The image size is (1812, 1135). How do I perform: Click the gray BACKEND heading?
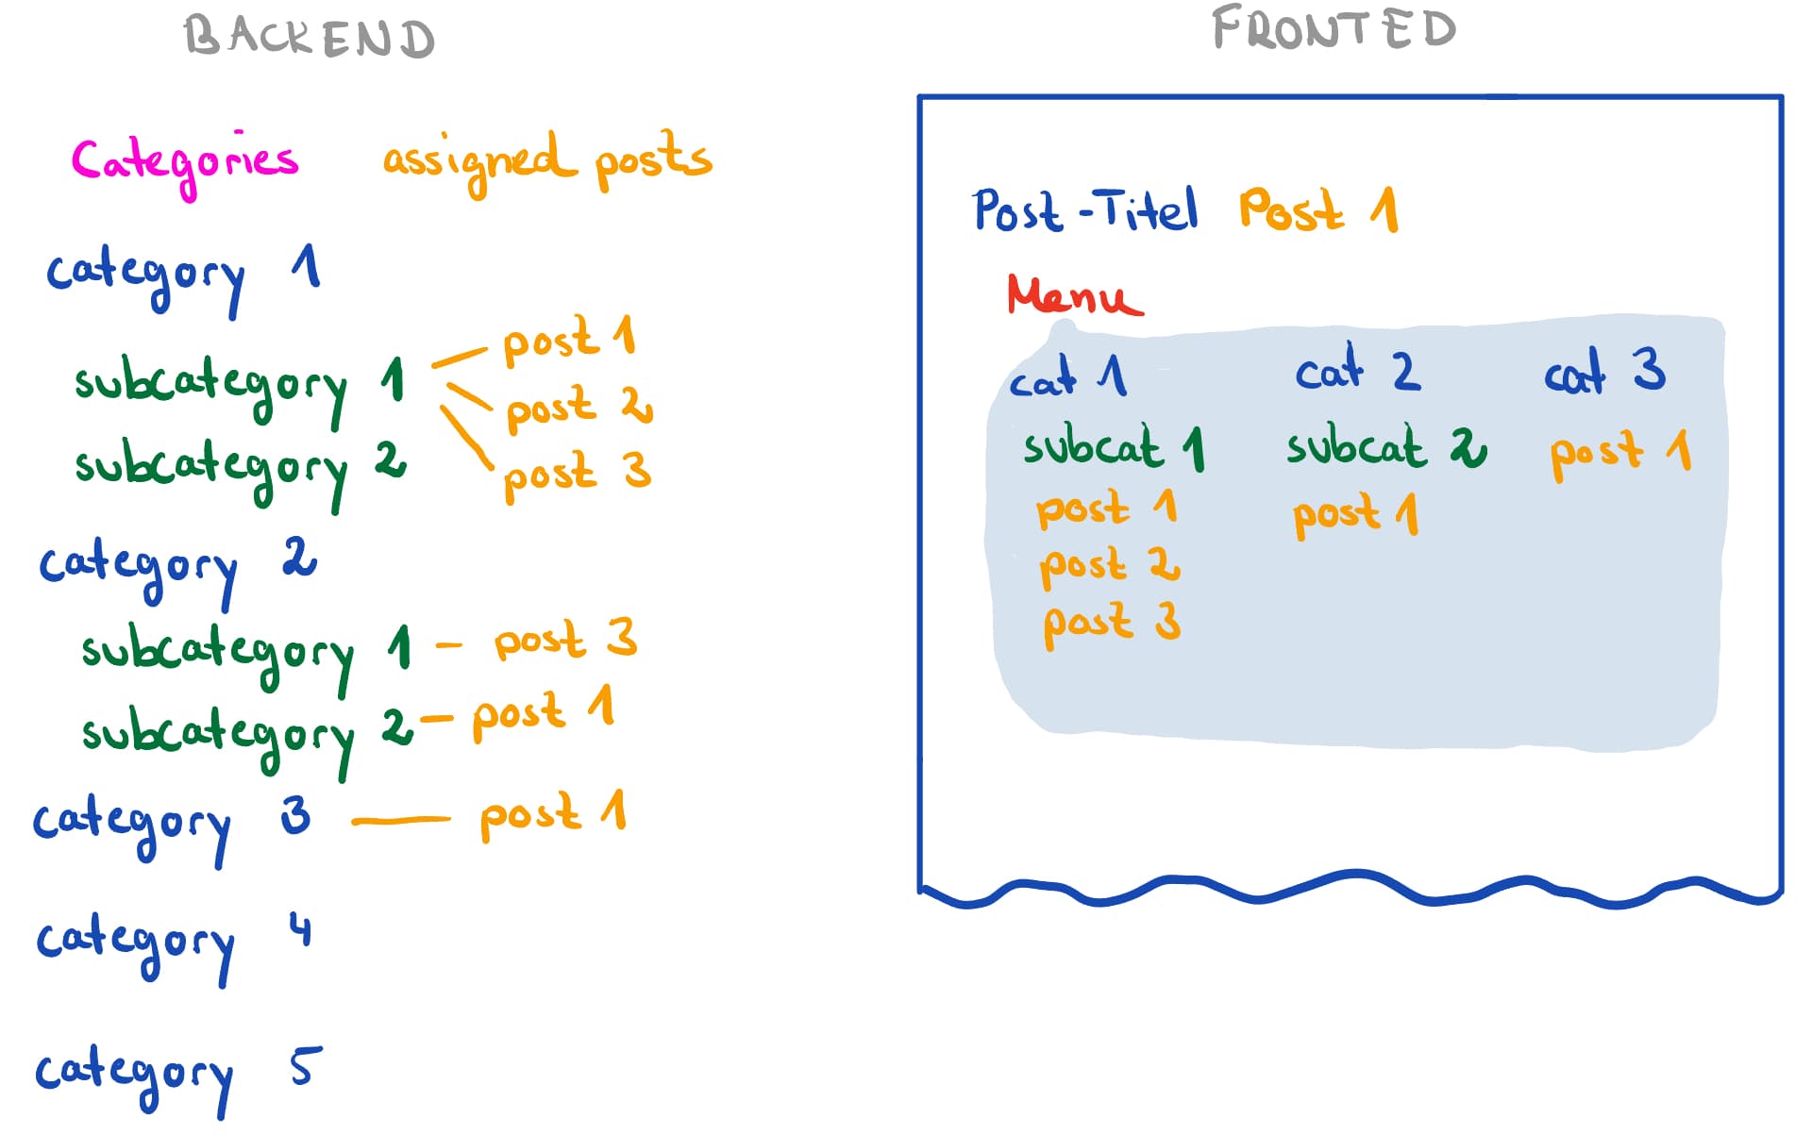[x=310, y=38]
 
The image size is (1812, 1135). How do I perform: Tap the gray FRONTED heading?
[x=1334, y=28]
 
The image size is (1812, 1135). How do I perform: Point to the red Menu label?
[x=1075, y=294]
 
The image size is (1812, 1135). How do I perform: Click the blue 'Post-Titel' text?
[x=1085, y=209]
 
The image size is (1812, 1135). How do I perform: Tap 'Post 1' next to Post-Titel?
[x=1318, y=209]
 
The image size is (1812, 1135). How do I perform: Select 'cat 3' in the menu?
[x=1604, y=370]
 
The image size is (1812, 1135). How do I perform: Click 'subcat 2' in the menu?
[x=1386, y=446]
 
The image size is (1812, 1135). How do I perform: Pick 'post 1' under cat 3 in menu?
[x=1620, y=454]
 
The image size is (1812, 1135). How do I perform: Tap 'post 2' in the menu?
[x=1110, y=566]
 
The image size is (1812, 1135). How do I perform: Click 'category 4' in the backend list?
[x=174, y=945]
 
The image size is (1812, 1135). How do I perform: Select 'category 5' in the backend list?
[x=178, y=1078]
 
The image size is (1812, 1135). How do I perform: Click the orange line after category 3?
[x=401, y=821]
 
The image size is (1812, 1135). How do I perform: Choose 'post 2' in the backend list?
[x=579, y=409]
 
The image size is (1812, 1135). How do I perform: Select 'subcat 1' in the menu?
[x=1115, y=446]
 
